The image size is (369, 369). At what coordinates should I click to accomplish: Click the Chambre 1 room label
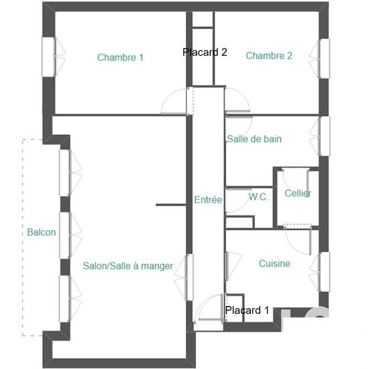coord(120,58)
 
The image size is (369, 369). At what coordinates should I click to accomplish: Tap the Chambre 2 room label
coord(269,56)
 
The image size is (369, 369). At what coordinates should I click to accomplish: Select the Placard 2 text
coord(205,52)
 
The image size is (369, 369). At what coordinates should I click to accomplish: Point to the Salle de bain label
coord(254,139)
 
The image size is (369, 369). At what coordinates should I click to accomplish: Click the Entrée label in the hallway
coord(208,200)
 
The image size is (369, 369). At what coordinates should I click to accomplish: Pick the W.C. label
coord(258,197)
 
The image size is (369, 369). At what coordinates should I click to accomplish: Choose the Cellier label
coord(298,193)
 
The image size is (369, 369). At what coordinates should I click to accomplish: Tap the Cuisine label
coord(274,264)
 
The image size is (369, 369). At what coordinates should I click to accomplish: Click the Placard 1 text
coord(247,310)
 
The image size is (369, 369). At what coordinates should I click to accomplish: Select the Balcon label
coord(42,232)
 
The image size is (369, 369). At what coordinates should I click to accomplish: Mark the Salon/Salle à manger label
coord(127,266)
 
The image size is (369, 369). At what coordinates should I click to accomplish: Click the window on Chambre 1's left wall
coord(49,57)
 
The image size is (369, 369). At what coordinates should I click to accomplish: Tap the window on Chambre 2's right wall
coord(324,58)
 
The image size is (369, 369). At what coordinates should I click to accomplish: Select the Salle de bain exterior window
coord(324,136)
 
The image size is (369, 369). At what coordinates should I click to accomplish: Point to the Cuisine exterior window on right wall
coord(324,272)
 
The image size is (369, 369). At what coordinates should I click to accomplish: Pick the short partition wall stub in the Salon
coord(171,205)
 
